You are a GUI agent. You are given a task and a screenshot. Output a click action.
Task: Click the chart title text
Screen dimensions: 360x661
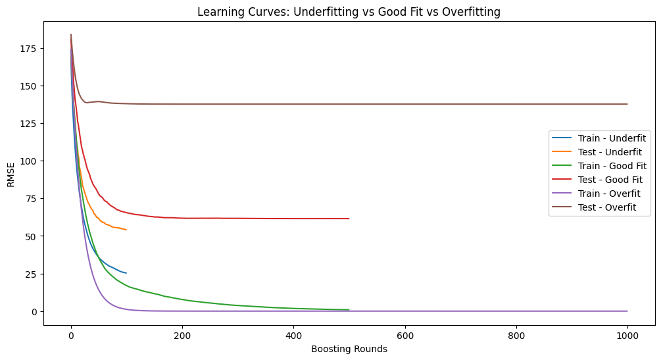[x=349, y=11]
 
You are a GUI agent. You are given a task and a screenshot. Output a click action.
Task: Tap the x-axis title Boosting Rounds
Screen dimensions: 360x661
[x=349, y=349]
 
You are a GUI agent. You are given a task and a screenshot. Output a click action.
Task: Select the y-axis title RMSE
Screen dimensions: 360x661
[x=11, y=174]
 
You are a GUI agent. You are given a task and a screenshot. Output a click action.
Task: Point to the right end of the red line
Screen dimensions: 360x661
[x=349, y=219]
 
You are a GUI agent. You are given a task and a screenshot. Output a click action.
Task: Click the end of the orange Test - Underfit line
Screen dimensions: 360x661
[x=126, y=230]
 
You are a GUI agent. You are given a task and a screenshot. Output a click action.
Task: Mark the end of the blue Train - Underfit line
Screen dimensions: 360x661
[x=126, y=273]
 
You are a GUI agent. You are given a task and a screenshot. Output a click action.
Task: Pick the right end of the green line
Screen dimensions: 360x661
[x=349, y=310]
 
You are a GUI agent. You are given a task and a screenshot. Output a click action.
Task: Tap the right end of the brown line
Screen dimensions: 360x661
[x=627, y=104]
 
